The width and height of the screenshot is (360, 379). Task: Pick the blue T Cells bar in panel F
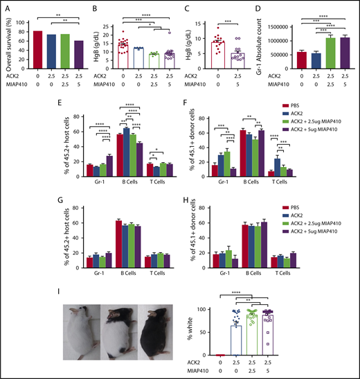(x=277, y=167)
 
